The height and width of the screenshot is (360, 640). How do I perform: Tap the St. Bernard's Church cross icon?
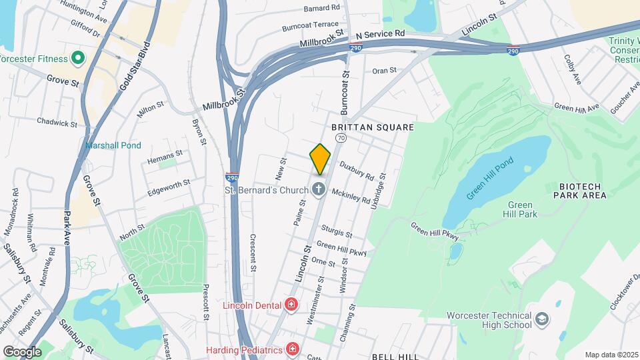319,189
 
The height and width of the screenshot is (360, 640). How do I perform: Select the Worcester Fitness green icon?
77,58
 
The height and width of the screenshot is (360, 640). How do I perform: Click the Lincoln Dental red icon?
291,305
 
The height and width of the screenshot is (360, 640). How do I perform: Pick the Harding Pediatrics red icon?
291,349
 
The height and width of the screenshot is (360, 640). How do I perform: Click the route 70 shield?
341,138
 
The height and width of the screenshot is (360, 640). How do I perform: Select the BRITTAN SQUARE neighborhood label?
373,127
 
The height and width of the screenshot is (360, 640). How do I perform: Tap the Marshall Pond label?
113,145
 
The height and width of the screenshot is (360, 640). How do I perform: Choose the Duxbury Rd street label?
355,171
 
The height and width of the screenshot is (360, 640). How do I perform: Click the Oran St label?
384,70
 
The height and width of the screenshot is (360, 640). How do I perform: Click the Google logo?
22,351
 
